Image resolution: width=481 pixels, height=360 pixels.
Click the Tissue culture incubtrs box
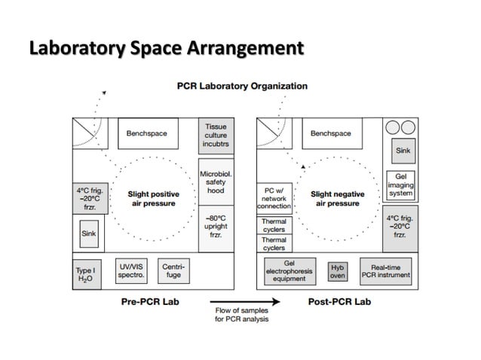point(215,136)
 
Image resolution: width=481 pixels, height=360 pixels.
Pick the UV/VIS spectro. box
point(131,271)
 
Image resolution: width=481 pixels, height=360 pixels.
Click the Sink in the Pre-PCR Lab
point(89,233)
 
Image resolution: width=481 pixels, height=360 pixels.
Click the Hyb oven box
point(337,271)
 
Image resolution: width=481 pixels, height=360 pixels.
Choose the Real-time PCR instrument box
point(386,271)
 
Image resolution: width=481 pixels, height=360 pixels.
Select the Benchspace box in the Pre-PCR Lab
point(146,134)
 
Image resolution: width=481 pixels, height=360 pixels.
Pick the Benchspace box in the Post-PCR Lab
point(331,134)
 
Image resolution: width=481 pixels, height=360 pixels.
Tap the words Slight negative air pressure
point(337,199)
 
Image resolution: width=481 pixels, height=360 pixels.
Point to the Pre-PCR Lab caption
point(145,302)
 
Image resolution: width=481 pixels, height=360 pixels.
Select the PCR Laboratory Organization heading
point(241,86)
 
